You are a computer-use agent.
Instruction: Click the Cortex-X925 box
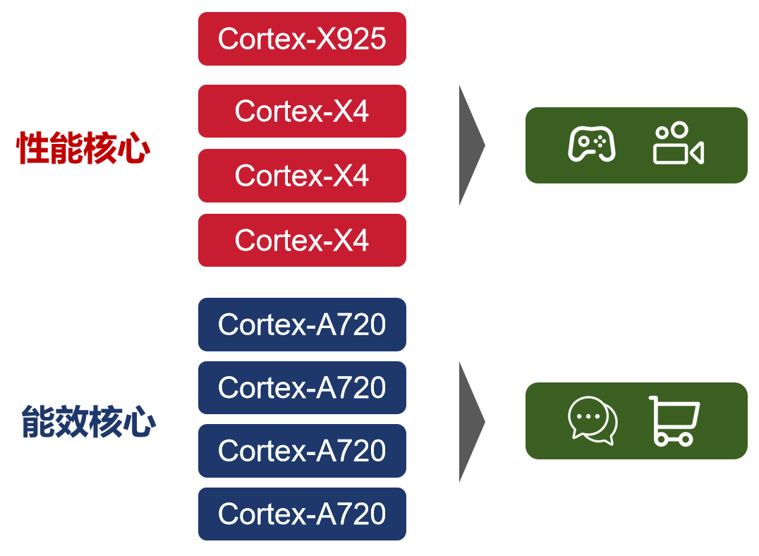tap(302, 39)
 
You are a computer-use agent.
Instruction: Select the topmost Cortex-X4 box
tap(302, 111)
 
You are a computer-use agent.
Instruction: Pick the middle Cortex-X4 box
tap(302, 176)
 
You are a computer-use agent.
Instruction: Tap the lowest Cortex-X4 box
tap(302, 241)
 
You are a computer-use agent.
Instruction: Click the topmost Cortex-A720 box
tap(302, 325)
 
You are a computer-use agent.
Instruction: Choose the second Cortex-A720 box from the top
tap(302, 387)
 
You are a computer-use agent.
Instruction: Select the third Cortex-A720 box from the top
tap(302, 450)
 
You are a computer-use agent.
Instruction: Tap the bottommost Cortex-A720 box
tap(302, 514)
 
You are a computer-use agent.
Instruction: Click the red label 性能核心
tap(83, 149)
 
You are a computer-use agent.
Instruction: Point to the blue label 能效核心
tap(88, 421)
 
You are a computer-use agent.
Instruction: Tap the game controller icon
tap(592, 144)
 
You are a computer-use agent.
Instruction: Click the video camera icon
tap(678, 144)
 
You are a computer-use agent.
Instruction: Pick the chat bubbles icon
tap(593, 421)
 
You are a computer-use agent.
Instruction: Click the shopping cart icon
tap(674, 421)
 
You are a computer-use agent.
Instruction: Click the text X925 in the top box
tap(351, 39)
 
